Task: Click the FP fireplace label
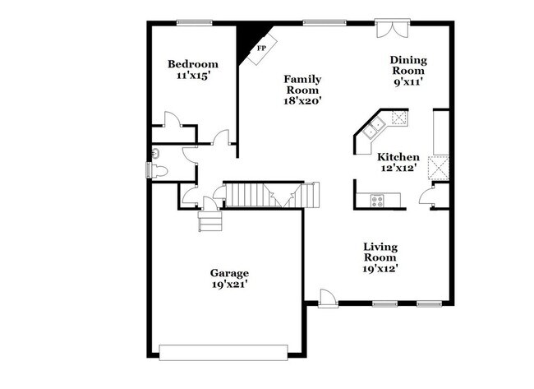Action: click(262, 49)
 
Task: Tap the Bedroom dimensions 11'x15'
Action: click(192, 76)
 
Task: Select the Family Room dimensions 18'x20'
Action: click(302, 101)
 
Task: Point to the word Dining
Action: click(408, 59)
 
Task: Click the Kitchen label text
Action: click(398, 156)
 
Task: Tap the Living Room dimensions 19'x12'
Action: click(381, 268)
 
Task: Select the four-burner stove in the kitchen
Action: click(377, 199)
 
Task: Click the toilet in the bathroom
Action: click(157, 170)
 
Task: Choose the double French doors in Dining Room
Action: click(391, 28)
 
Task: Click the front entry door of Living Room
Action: click(326, 298)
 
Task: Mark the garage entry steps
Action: click(209, 221)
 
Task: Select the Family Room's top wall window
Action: click(317, 22)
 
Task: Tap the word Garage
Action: click(228, 272)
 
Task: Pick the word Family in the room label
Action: click(302, 79)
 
